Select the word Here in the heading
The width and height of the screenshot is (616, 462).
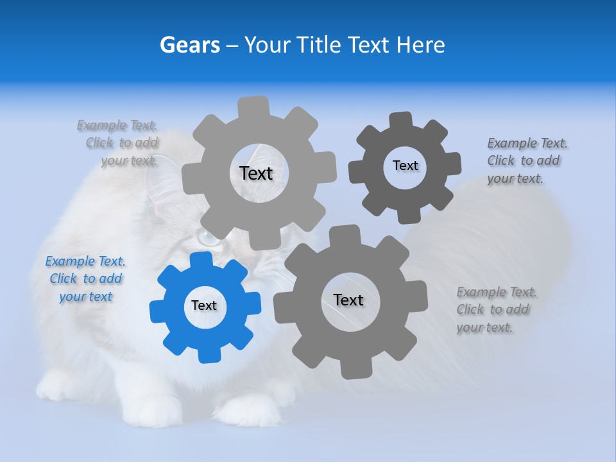421,45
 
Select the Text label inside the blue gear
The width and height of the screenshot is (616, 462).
204,306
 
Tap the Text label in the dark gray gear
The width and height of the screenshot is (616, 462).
406,166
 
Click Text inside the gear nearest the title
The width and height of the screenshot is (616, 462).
256,173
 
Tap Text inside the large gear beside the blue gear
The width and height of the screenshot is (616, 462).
348,300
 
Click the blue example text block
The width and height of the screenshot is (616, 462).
85,279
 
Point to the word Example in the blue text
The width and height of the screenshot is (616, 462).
70,261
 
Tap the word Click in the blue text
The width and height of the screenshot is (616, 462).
64,279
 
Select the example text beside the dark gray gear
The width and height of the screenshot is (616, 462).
527,161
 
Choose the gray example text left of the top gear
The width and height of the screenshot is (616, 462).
121,143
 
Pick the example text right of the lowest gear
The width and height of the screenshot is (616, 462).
496,310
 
